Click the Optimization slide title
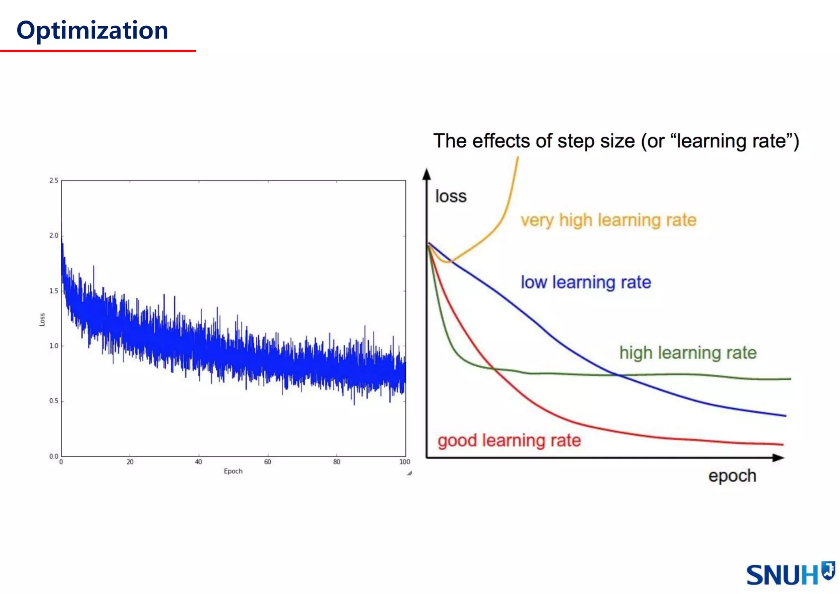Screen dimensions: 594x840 92,31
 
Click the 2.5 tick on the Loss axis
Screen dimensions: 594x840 54,180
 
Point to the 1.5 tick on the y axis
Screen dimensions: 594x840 54,291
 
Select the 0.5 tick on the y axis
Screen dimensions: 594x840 54,401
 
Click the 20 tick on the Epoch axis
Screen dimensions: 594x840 130,462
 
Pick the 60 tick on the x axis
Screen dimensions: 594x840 267,462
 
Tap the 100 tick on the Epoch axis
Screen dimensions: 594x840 405,462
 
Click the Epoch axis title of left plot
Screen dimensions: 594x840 233,471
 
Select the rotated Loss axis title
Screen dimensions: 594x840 42,320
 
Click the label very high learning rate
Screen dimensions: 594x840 608,220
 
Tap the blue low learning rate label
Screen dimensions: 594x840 586,282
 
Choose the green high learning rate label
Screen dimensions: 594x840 687,353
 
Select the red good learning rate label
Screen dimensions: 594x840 509,441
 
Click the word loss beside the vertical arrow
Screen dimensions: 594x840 451,196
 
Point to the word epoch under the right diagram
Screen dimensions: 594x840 732,476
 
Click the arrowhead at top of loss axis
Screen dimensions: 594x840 427,174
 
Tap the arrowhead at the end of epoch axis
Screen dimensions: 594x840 778,458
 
